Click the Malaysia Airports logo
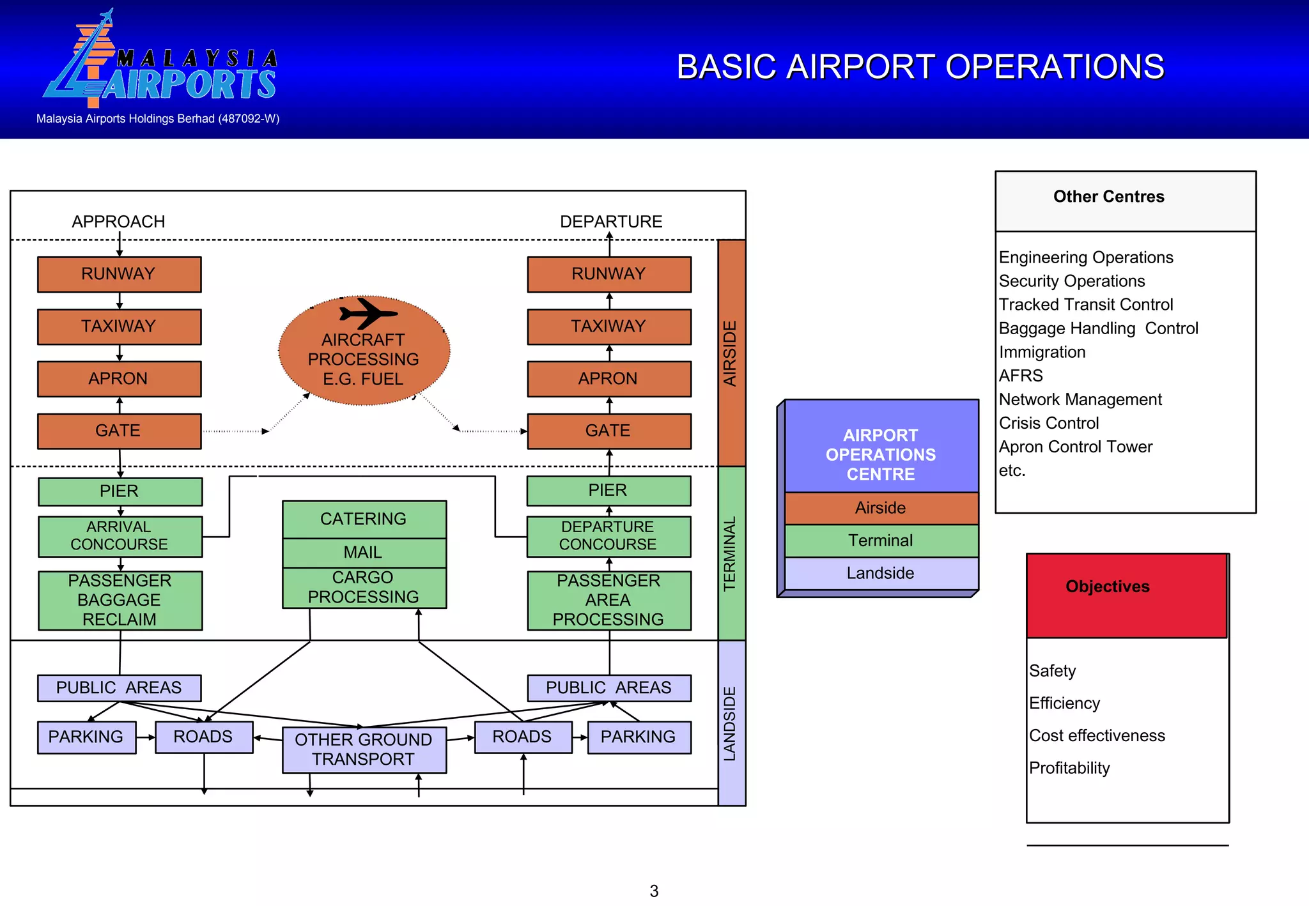click(x=160, y=61)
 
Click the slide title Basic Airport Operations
click(x=920, y=67)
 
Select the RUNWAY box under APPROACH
click(x=119, y=274)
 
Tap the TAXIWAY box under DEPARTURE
click(x=608, y=326)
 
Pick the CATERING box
click(x=364, y=519)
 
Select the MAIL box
click(x=364, y=553)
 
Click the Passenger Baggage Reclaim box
click(x=120, y=600)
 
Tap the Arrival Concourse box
click(x=120, y=536)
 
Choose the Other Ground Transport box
click(x=364, y=749)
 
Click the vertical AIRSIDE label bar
click(x=731, y=353)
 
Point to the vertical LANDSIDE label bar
click(x=731, y=723)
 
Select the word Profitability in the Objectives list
click(x=1069, y=768)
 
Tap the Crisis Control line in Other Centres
click(x=1049, y=423)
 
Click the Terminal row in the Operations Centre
click(x=881, y=541)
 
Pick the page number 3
click(x=654, y=891)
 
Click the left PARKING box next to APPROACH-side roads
click(x=86, y=737)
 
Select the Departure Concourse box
click(x=608, y=536)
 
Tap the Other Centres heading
click(x=1108, y=197)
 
